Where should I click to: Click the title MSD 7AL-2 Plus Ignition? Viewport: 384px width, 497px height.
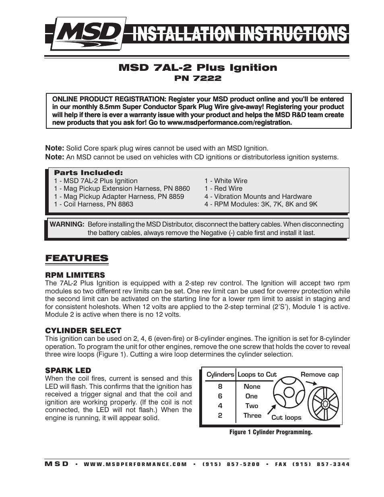click(198, 68)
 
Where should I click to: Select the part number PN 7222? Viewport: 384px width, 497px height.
click(198, 78)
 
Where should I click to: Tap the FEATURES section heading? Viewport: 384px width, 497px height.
click(76, 258)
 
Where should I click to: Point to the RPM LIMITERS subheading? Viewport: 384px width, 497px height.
click(75, 275)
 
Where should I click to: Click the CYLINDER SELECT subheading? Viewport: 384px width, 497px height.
click(83, 331)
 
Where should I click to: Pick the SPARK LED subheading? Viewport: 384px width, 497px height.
click(68, 371)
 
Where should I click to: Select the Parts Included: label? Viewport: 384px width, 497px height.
click(88, 173)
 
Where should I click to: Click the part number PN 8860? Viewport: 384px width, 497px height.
click(177, 189)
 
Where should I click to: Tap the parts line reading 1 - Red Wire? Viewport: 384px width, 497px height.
click(223, 189)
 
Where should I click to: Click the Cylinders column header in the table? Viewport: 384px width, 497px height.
click(220, 375)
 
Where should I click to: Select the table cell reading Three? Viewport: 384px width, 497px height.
click(252, 416)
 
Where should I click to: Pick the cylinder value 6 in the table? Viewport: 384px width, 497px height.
click(220, 396)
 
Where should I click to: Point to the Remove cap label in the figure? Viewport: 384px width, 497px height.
click(320, 375)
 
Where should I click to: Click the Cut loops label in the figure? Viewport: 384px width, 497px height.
click(286, 418)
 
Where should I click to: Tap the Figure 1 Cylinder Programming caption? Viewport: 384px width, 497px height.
click(271, 432)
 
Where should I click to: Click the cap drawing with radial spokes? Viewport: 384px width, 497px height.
click(323, 403)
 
